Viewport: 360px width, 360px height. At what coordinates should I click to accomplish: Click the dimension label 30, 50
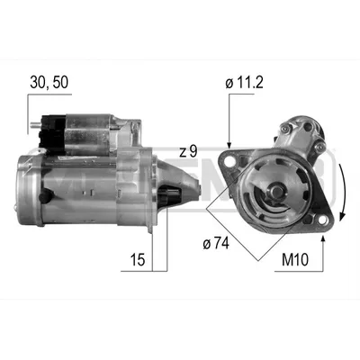pyautogui.click(x=49, y=82)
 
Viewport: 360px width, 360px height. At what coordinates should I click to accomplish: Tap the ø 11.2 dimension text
pyautogui.click(x=244, y=83)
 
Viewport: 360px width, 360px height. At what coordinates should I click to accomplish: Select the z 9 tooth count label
pyautogui.click(x=188, y=151)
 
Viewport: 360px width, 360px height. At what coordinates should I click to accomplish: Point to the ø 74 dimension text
pyautogui.click(x=216, y=243)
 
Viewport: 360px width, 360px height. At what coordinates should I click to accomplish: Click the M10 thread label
pyautogui.click(x=295, y=260)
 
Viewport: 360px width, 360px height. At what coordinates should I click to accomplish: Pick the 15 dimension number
pyautogui.click(x=138, y=260)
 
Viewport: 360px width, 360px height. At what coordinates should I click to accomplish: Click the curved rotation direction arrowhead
pyautogui.click(x=342, y=216)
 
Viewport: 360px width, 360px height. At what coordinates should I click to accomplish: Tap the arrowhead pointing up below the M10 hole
pyautogui.click(x=323, y=239)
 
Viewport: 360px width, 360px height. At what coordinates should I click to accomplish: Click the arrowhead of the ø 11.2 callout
pyautogui.click(x=229, y=146)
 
